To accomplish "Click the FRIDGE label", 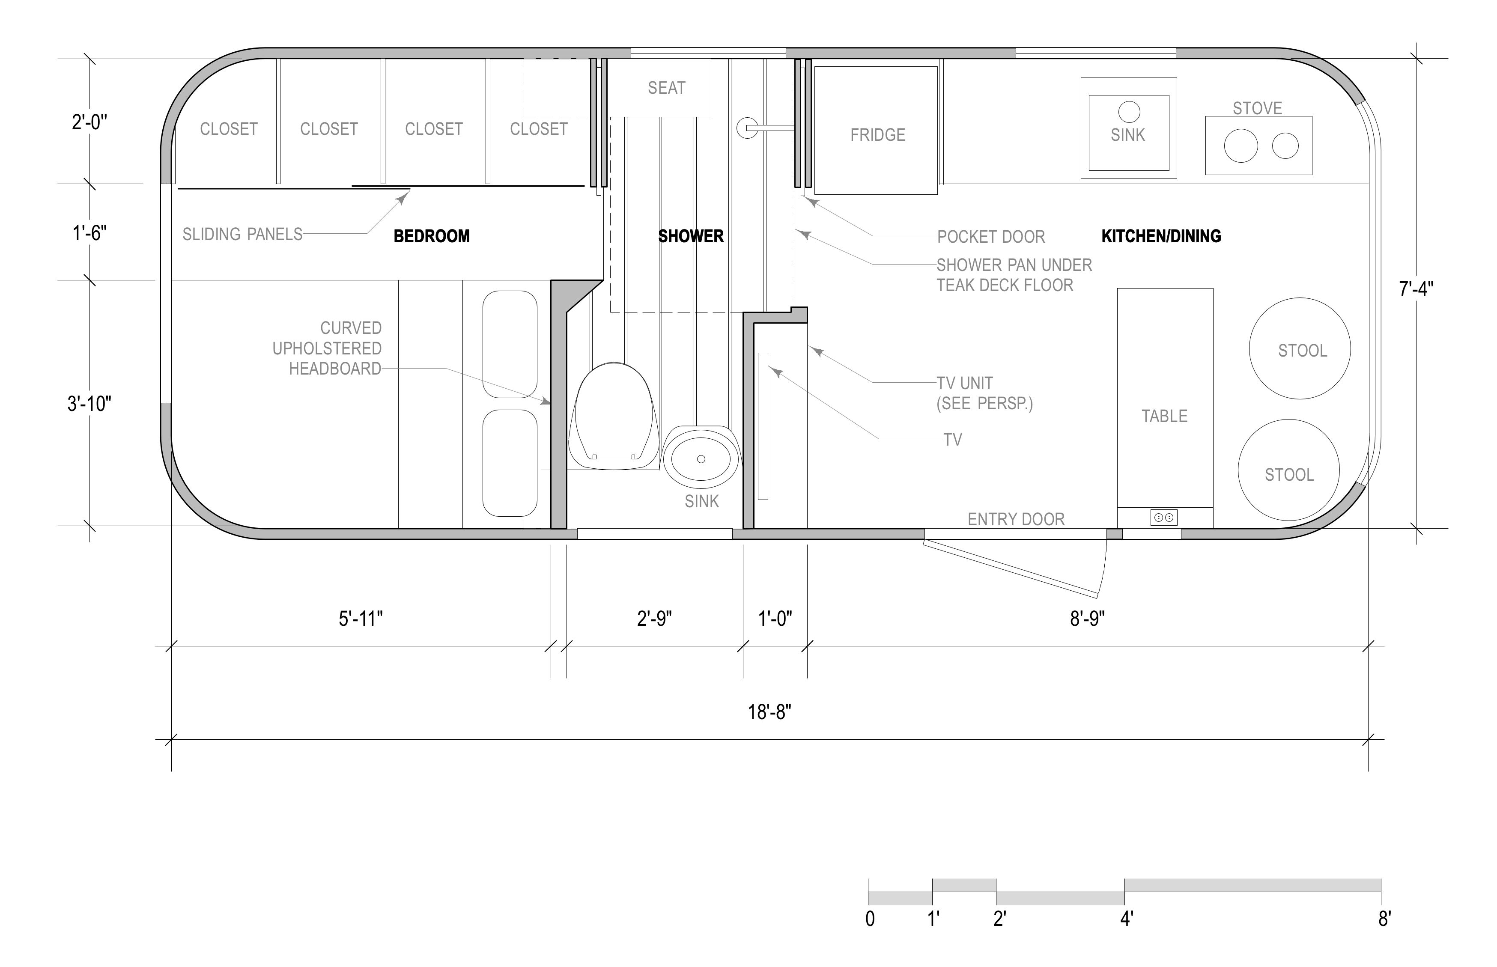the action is [x=877, y=135].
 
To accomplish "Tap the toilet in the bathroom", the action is [x=612, y=416].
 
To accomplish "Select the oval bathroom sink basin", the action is [x=701, y=457].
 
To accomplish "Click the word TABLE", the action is [x=1164, y=417].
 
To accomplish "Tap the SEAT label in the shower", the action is [x=666, y=88].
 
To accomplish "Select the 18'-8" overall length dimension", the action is [x=769, y=712].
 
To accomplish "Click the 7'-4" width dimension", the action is [x=1416, y=289].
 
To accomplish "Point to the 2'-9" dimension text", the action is [x=654, y=619].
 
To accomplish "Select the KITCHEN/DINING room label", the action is [x=1161, y=236].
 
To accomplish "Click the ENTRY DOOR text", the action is [x=1016, y=519].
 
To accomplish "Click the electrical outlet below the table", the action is [x=1163, y=518].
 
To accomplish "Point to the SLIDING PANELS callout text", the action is [x=242, y=234].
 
